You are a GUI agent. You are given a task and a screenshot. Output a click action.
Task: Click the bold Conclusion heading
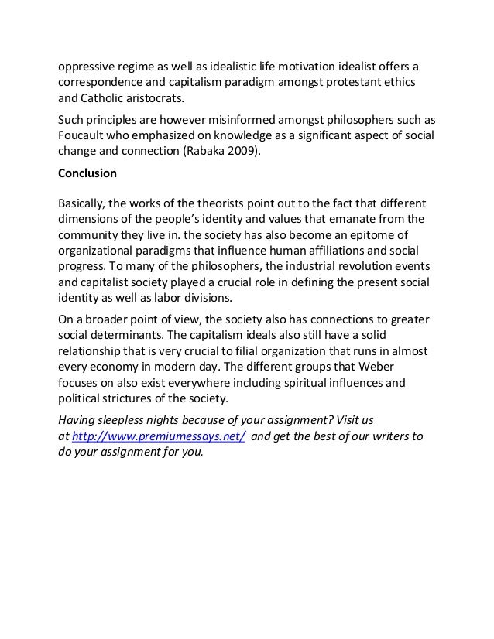(x=89, y=173)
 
